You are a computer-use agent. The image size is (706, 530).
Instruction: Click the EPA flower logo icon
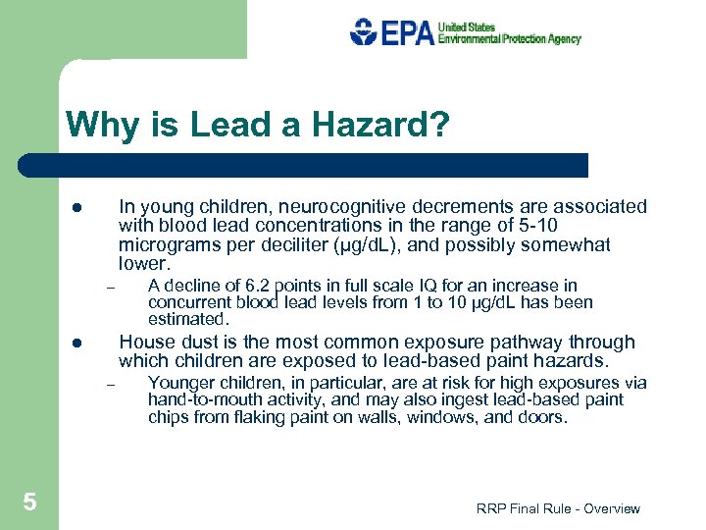[362, 32]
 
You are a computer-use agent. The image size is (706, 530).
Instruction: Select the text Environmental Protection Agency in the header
[509, 39]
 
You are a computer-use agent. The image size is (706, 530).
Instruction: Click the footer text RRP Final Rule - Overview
[558, 508]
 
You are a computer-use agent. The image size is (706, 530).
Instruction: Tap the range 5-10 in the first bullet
[583, 226]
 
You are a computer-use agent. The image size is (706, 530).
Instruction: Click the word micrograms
[163, 245]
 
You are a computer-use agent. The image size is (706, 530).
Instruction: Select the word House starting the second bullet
[143, 343]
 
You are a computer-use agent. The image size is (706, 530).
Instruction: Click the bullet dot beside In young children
[75, 208]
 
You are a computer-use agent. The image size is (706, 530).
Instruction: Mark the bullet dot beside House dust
[75, 344]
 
